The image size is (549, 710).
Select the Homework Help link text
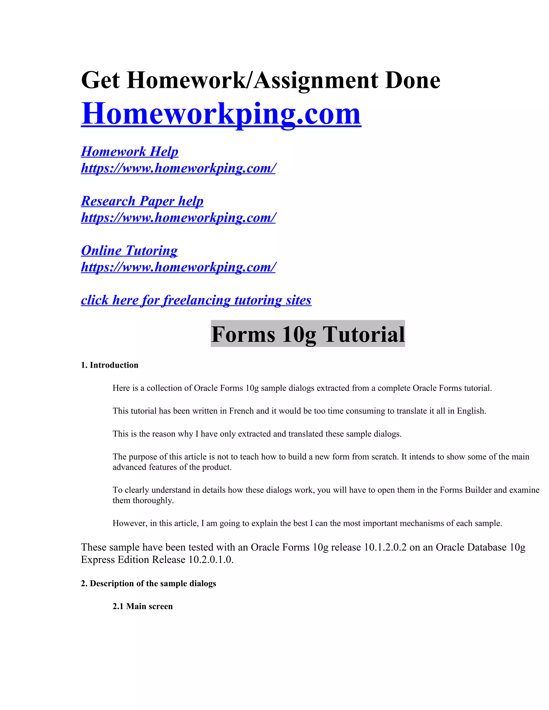coord(129,151)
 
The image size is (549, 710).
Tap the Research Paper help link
coord(142,201)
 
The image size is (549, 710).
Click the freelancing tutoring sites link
coord(196,300)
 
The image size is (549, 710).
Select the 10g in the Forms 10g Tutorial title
coord(299,334)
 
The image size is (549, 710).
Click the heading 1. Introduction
coord(110,365)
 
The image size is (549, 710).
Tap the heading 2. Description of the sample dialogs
coord(148,584)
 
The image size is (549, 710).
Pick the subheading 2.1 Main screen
coord(142,606)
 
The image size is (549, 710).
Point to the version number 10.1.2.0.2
coord(385,547)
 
